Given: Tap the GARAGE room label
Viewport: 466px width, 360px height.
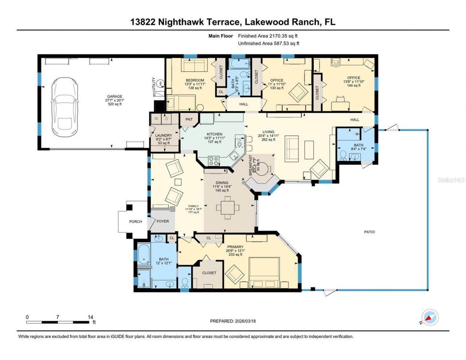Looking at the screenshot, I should click(114, 97).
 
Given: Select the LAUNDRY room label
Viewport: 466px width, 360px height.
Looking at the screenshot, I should click(163, 135).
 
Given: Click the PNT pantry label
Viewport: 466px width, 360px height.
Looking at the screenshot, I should click(189, 119).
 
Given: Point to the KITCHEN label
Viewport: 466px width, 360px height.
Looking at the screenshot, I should click(214, 134).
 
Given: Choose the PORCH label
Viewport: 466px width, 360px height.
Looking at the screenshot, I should click(135, 221).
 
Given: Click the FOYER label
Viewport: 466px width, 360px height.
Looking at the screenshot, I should click(163, 221).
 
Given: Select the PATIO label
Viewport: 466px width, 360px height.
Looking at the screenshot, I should click(369, 232).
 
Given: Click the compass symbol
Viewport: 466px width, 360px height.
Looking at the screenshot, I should click(430, 317).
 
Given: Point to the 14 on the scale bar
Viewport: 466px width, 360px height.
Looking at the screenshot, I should click(90, 317).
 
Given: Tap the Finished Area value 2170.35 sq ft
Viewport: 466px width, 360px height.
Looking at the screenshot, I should click(283, 36).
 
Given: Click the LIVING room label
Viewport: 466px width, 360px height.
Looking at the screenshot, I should click(268, 132).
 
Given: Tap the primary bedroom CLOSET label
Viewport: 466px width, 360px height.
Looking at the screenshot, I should click(209, 273).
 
